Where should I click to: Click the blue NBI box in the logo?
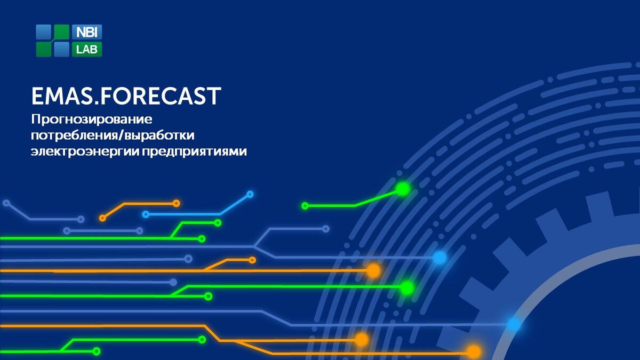point(87,31)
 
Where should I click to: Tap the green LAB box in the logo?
point(87,50)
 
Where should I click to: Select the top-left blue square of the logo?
point(43,31)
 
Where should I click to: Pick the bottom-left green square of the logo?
point(43,50)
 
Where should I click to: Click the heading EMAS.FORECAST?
point(126,96)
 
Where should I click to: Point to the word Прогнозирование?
point(92,119)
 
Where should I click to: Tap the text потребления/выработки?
point(113,135)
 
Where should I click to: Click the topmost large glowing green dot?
point(403,189)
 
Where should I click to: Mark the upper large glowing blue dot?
point(439,258)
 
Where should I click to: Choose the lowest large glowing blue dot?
point(514,324)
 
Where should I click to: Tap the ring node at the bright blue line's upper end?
point(250,194)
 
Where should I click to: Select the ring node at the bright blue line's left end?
point(146,214)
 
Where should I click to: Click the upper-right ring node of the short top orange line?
point(177,203)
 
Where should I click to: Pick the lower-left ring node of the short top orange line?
point(102,218)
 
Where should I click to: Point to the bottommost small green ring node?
point(97,351)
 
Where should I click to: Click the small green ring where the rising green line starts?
point(305,206)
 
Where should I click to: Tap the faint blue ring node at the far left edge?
point(6,203)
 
